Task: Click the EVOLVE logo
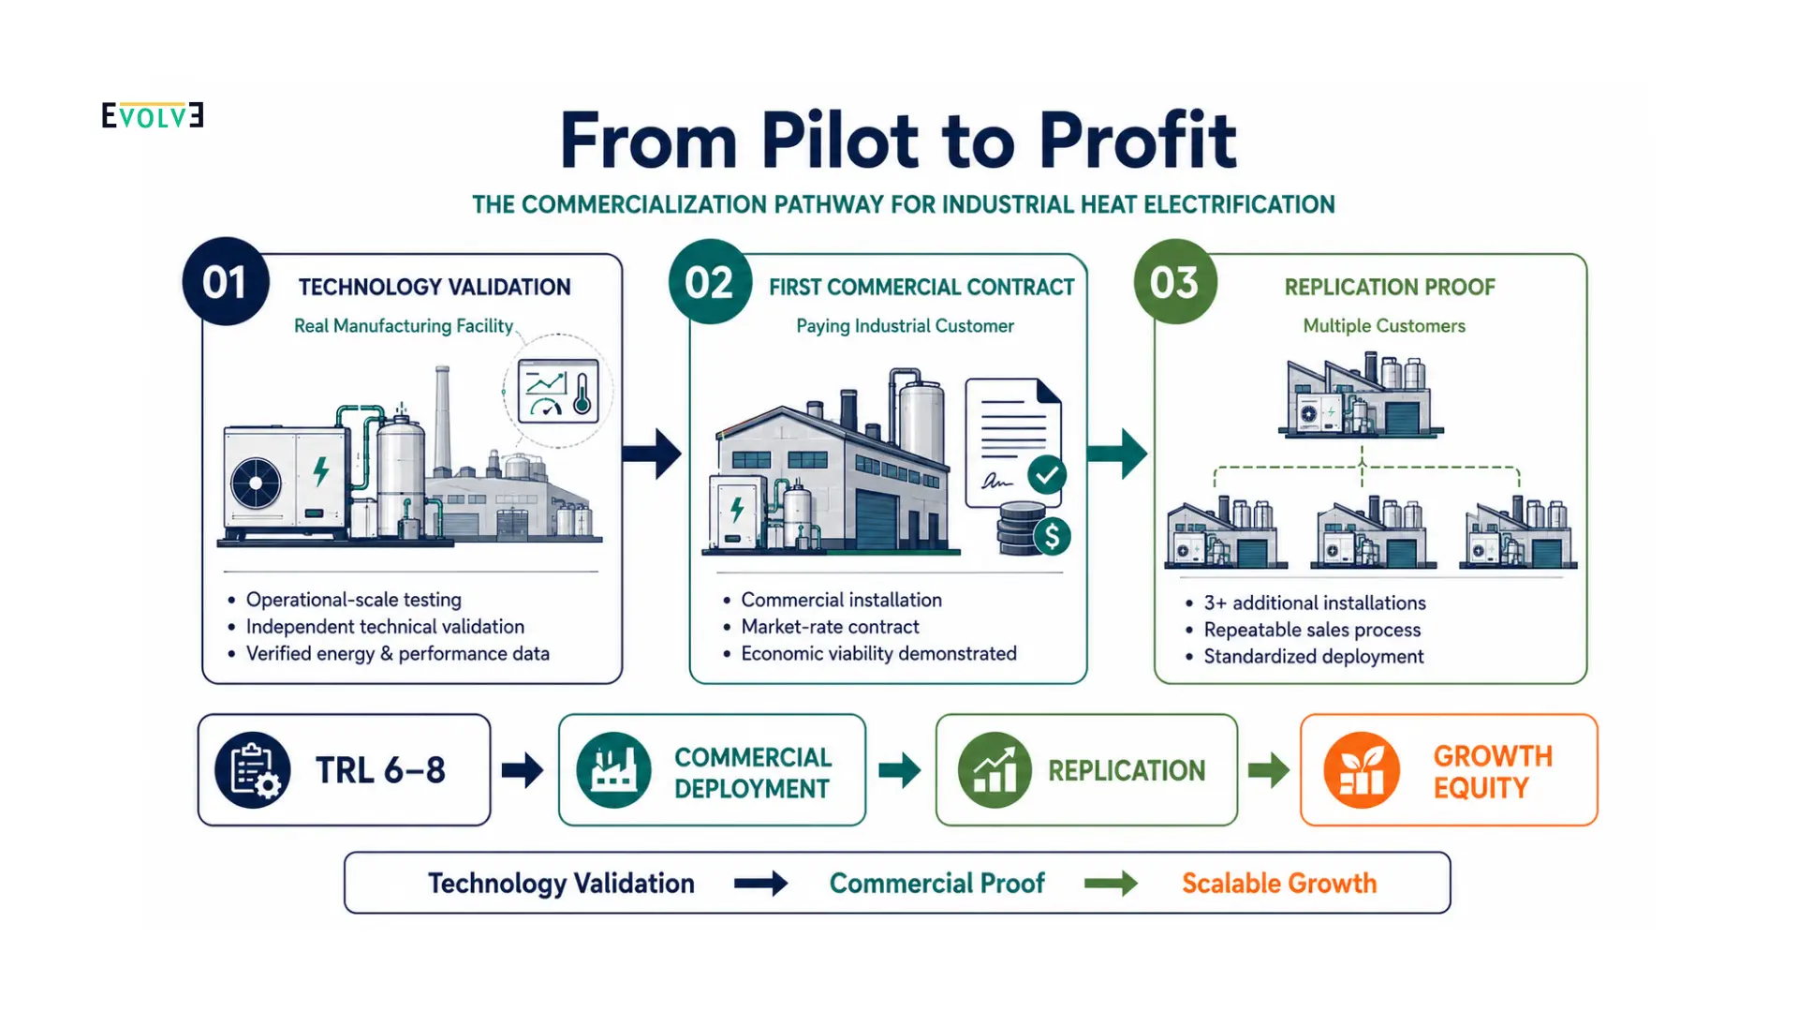[x=153, y=115]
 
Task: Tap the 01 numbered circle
[x=226, y=282]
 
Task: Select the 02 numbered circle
[x=710, y=282]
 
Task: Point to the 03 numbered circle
[x=1175, y=282]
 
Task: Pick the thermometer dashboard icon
[x=558, y=391]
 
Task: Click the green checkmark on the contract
[x=1047, y=475]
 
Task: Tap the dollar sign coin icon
[x=1052, y=536]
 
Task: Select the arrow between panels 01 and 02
[x=652, y=454]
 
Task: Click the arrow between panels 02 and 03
[x=1117, y=454]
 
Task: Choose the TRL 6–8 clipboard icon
[x=253, y=770]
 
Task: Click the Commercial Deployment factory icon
[x=614, y=770]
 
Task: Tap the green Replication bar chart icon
[x=995, y=770]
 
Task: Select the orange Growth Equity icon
[x=1362, y=770]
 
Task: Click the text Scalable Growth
[x=1279, y=884]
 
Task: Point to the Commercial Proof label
[x=937, y=884]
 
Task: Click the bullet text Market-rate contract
[x=831, y=627]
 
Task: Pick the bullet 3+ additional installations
[x=1315, y=603]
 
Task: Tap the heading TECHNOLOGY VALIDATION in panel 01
[x=435, y=287]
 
